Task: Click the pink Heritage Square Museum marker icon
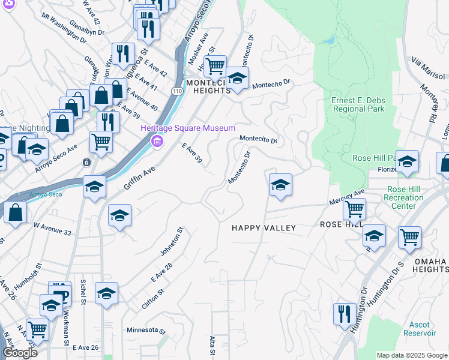click(x=157, y=142)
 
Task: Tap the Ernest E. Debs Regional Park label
click(x=358, y=104)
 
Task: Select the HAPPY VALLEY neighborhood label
click(x=264, y=228)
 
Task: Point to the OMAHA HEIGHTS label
click(x=430, y=266)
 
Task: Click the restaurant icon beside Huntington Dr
click(x=344, y=314)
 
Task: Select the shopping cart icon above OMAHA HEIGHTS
click(x=409, y=236)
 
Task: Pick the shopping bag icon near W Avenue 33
click(x=15, y=211)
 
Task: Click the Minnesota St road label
click(x=146, y=330)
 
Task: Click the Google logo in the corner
click(x=20, y=353)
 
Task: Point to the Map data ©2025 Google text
click(x=412, y=355)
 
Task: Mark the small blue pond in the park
click(x=329, y=40)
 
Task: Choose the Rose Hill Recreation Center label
click(x=404, y=197)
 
